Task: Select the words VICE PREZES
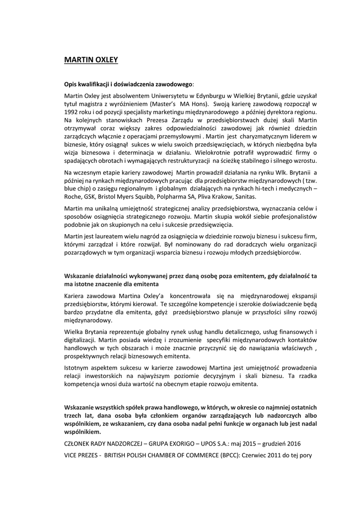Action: tap(81, 454)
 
